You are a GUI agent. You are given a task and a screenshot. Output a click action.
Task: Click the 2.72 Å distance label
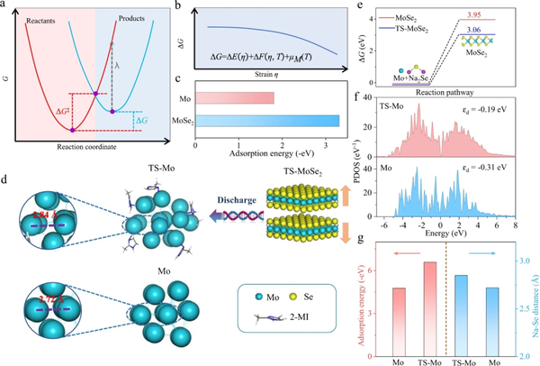coord(38,295)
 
